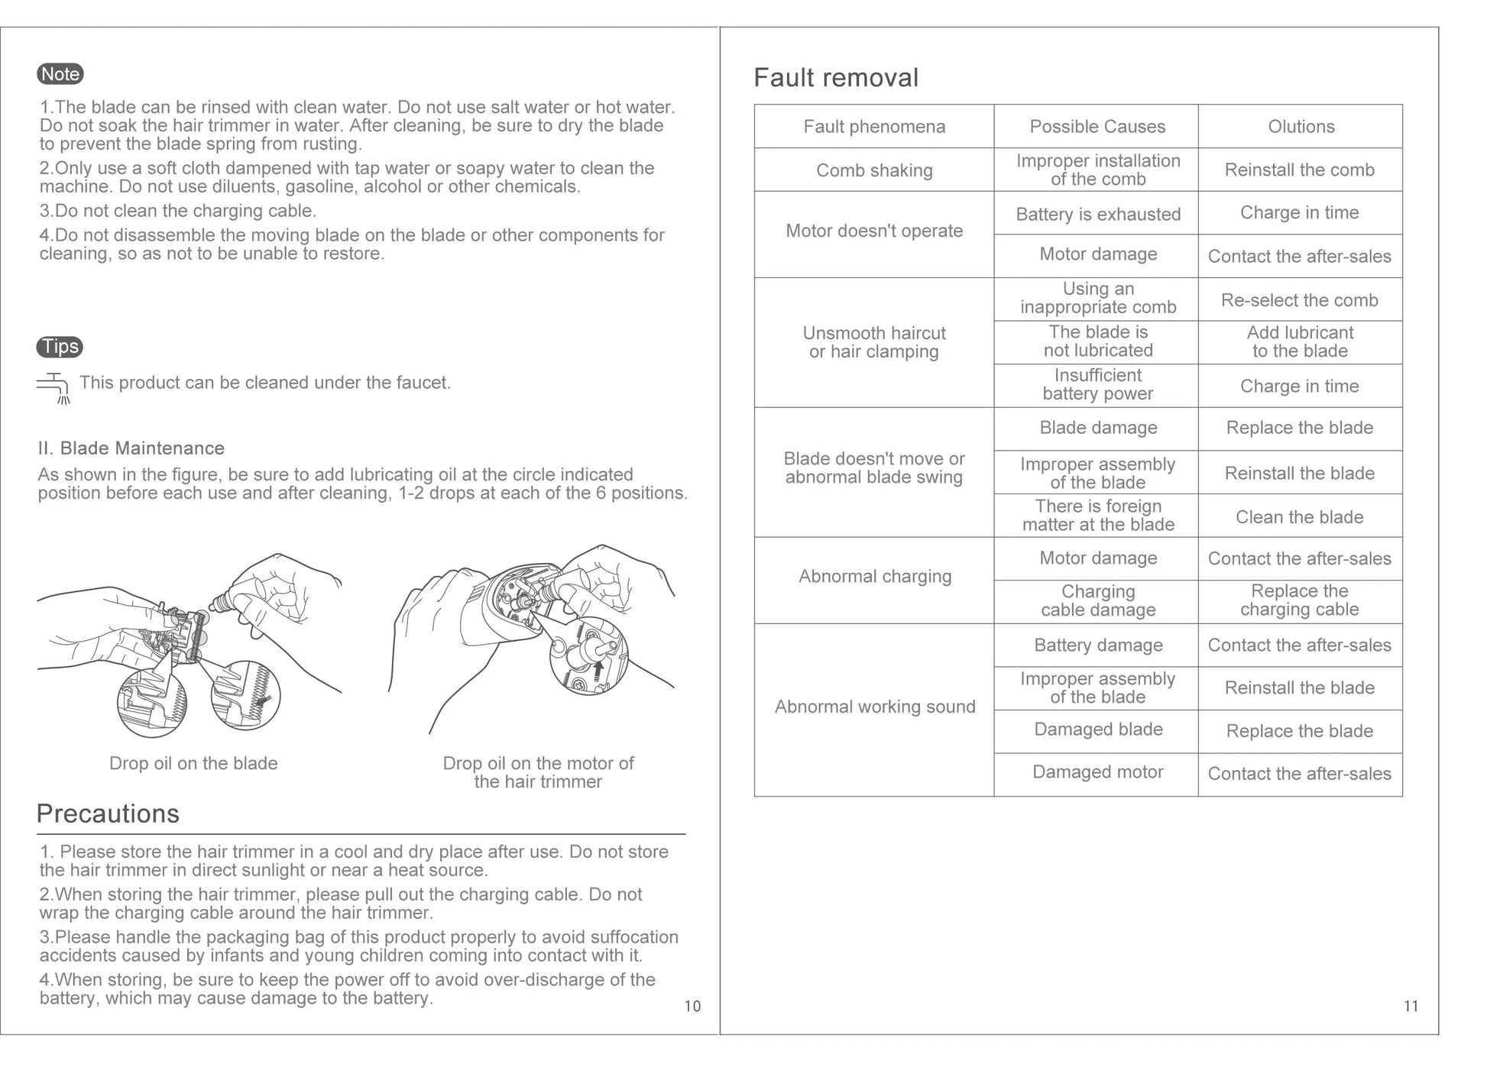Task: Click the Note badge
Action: coord(60,74)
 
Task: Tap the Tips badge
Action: coord(60,347)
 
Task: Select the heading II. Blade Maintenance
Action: coord(131,448)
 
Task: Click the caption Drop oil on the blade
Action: coord(193,763)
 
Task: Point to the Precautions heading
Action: coord(108,814)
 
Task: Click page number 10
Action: coord(692,1006)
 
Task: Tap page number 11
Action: coord(1411,1006)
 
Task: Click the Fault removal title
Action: coord(836,78)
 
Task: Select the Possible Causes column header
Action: coord(1097,127)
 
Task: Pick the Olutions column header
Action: coord(1301,127)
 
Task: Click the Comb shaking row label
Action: coord(874,170)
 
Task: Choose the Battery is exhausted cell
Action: coord(1097,215)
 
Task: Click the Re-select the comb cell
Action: coord(1299,300)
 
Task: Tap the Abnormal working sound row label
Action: coord(874,707)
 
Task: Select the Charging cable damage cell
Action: coord(1097,600)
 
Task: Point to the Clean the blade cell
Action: coord(1299,517)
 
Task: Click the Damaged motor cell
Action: coord(1097,772)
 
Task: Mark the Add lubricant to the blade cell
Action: coord(1299,341)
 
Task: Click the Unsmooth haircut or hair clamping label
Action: coord(874,342)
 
